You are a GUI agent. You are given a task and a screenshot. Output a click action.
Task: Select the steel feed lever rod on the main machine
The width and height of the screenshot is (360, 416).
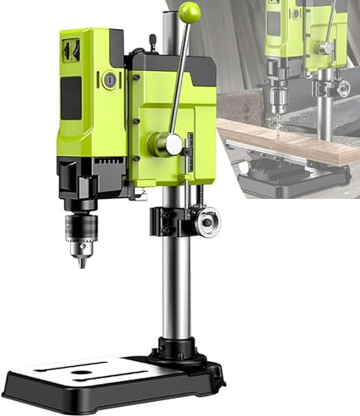pyautogui.click(x=181, y=75)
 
